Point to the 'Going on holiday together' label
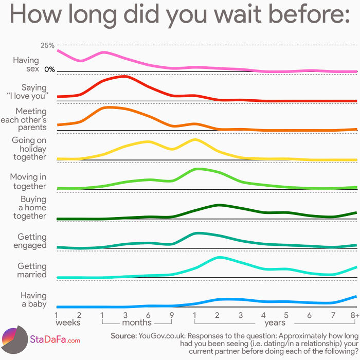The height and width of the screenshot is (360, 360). [29, 149]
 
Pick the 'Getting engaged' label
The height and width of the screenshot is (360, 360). [32, 241]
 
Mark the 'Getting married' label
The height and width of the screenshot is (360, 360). [32, 271]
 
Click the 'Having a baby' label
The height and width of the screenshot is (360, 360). [33, 300]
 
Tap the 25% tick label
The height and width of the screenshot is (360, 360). [47, 46]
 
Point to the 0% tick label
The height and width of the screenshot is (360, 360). [49, 69]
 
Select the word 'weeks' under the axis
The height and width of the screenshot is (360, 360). [68, 322]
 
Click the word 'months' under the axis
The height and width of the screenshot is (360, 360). [137, 322]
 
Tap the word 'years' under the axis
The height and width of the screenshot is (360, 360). [275, 322]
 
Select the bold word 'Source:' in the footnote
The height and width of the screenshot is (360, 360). [123, 335]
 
